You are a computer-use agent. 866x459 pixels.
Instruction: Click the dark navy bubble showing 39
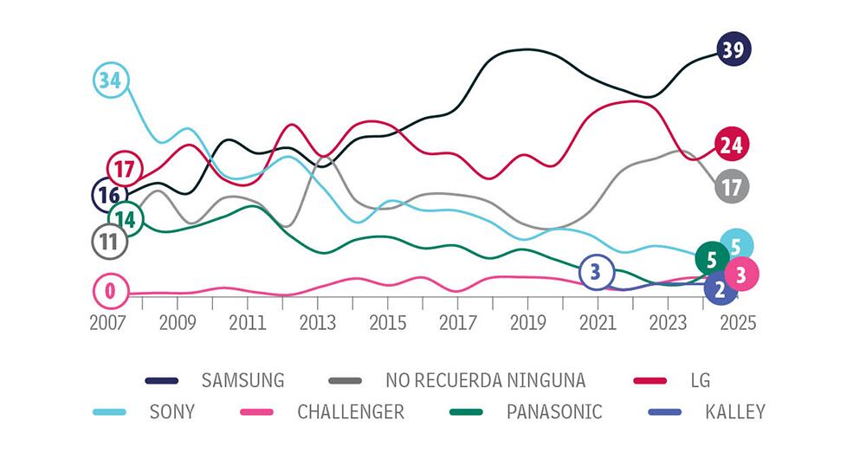[x=734, y=49]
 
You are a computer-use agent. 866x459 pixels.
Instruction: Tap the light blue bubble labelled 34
[x=110, y=81]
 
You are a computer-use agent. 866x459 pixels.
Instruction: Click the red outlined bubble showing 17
[x=124, y=168]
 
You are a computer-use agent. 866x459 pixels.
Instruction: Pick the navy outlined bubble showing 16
[x=109, y=195]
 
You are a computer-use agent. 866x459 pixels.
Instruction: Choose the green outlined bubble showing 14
[x=126, y=219]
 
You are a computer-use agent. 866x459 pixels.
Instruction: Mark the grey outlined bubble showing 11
[x=109, y=242]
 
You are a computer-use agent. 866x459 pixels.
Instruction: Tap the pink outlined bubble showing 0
[x=110, y=291]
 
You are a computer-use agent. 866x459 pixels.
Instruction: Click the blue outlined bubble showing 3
[x=595, y=272]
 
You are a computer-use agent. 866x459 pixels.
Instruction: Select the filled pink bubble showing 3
[x=740, y=275]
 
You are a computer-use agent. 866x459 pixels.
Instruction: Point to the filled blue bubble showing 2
[x=721, y=290]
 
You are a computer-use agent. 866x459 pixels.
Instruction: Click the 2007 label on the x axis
[x=108, y=322]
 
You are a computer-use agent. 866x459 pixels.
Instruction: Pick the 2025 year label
[x=736, y=322]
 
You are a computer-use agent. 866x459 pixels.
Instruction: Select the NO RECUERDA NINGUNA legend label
[x=485, y=380]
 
